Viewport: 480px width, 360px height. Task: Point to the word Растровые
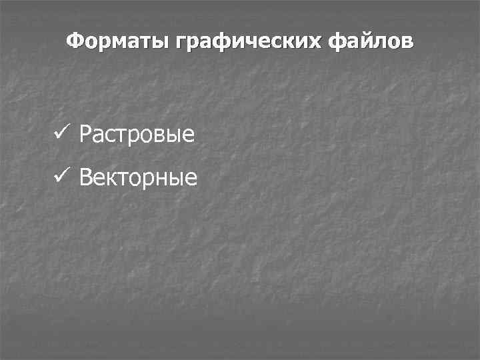coord(137,135)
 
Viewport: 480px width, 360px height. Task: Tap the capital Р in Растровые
coord(85,135)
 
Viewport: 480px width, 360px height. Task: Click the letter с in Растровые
coord(111,136)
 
